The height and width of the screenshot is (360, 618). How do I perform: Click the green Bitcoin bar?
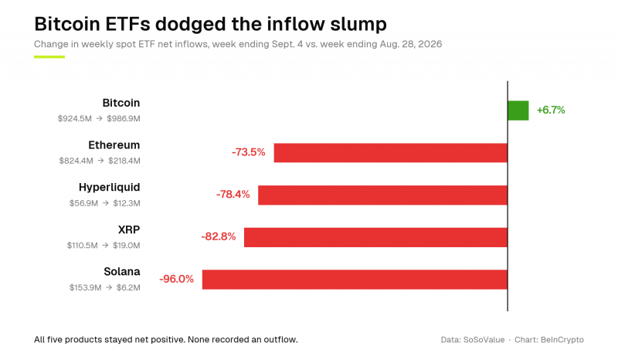click(518, 110)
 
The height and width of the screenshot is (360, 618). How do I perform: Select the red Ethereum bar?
click(391, 153)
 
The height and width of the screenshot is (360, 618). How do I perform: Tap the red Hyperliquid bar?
click(382, 195)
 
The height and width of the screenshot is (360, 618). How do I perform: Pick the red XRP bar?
click(375, 237)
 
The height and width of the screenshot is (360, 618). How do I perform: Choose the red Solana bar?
click(355, 280)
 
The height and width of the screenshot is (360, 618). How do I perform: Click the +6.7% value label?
click(551, 110)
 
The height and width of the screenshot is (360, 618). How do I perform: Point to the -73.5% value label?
click(248, 152)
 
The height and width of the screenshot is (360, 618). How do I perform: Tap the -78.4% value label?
click(233, 195)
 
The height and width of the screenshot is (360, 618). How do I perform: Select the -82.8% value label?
click(219, 236)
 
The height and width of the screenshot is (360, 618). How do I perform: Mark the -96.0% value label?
click(177, 279)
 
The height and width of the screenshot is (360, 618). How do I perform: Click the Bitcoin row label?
click(121, 103)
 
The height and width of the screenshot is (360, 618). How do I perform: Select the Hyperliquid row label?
click(109, 187)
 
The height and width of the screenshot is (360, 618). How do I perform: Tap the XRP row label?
click(129, 229)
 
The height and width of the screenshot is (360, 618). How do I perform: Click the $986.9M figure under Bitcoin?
click(124, 119)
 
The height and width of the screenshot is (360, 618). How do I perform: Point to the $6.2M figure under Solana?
click(128, 288)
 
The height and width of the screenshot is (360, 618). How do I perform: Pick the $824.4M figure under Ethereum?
click(76, 161)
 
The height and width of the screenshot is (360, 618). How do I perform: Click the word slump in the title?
click(358, 25)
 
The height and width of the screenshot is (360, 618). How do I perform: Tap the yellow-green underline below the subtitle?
click(49, 56)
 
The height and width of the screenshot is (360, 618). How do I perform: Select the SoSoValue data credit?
click(484, 340)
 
